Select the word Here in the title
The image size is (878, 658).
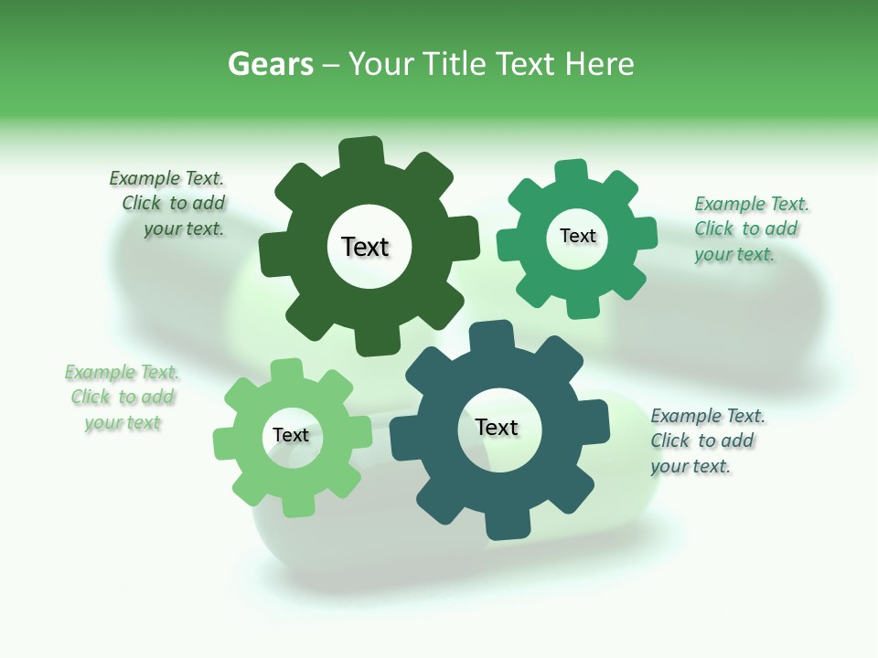(599, 64)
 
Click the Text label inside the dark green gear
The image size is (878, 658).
(365, 247)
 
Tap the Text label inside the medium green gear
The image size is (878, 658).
(577, 236)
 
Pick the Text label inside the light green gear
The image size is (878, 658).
(291, 435)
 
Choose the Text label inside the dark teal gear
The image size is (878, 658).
(497, 428)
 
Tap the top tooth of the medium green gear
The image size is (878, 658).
(572, 172)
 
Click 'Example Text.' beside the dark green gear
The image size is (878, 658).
(166, 178)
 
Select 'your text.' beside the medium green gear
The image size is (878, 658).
(733, 254)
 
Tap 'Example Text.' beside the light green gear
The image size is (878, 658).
(122, 372)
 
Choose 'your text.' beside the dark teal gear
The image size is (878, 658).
(691, 466)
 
